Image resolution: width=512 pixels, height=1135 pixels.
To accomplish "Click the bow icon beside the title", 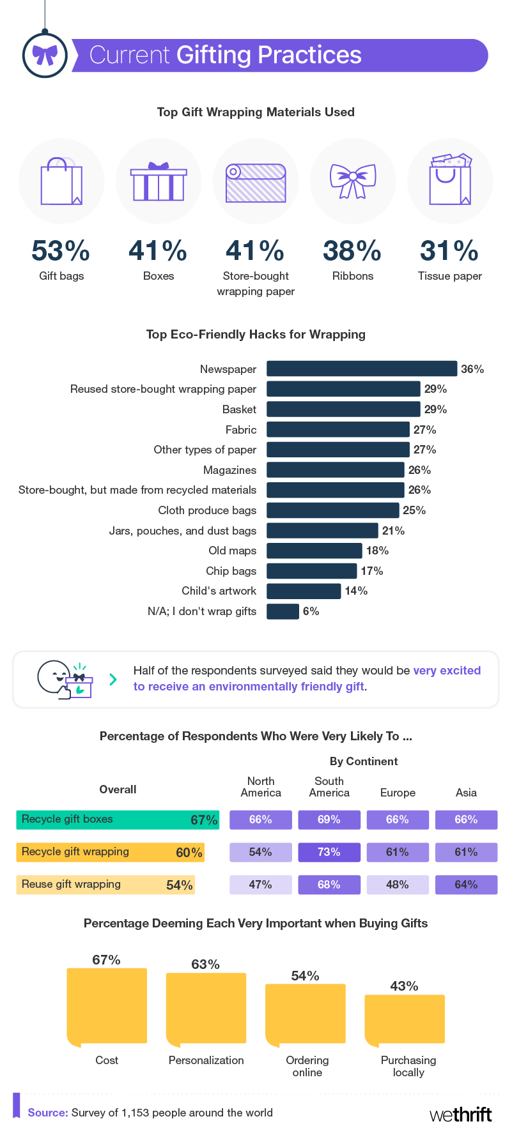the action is [45, 56].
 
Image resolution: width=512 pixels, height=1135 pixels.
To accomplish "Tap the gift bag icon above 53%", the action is [61, 181].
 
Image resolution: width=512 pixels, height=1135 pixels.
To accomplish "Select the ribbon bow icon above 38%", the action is [353, 181].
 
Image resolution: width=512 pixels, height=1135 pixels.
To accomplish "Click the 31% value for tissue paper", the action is [449, 251].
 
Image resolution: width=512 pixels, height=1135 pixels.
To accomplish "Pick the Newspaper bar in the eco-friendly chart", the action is [362, 369].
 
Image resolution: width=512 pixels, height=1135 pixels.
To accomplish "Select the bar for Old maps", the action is [314, 551].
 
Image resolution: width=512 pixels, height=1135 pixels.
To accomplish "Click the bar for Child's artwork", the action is [304, 591].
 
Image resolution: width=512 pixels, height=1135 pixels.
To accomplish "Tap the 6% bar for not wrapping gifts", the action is [283, 611].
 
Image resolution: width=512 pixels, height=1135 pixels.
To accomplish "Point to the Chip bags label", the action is [231, 571].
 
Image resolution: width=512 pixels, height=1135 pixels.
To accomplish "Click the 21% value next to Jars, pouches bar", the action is [393, 531].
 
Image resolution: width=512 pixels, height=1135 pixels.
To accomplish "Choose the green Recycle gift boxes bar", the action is [118, 819].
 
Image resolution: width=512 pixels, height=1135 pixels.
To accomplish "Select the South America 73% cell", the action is [329, 852].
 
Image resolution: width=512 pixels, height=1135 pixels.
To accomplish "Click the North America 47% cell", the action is [261, 885].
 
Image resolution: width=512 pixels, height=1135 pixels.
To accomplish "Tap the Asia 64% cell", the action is [466, 885].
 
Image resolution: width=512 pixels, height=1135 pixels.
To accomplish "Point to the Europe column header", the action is [398, 793].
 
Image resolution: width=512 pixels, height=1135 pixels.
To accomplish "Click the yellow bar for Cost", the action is [107, 1007].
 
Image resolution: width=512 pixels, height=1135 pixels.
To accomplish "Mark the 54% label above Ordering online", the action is [305, 975].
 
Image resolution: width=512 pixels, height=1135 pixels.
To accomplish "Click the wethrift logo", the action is [461, 1115].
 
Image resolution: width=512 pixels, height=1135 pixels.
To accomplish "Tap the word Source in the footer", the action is [48, 1113].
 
